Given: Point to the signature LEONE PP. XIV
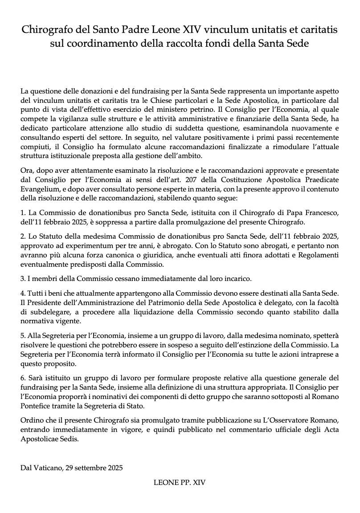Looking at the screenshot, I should coord(180,482).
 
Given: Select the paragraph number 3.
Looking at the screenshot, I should coord(23,279).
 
